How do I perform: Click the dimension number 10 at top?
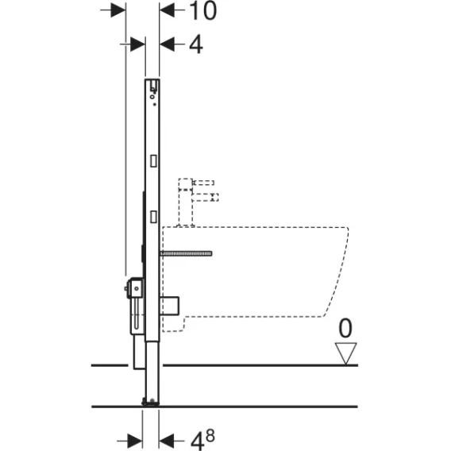(x=203, y=11)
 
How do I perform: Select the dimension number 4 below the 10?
(x=196, y=44)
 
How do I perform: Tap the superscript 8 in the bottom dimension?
(x=210, y=437)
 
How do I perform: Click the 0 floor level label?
(x=345, y=328)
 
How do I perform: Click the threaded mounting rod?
(x=186, y=253)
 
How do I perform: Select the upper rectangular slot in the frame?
(x=153, y=161)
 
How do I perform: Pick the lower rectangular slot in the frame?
(x=153, y=217)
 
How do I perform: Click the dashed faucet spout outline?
(x=206, y=197)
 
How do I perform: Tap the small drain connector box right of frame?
(x=169, y=306)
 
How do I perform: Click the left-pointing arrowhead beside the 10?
(x=167, y=10)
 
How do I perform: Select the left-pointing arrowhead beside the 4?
(x=167, y=44)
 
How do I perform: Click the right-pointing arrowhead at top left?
(x=118, y=10)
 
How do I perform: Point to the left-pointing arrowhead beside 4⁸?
(x=167, y=441)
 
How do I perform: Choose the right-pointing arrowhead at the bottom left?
(x=135, y=441)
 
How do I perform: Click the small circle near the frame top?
(x=152, y=97)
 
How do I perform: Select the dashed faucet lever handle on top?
(x=203, y=183)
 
